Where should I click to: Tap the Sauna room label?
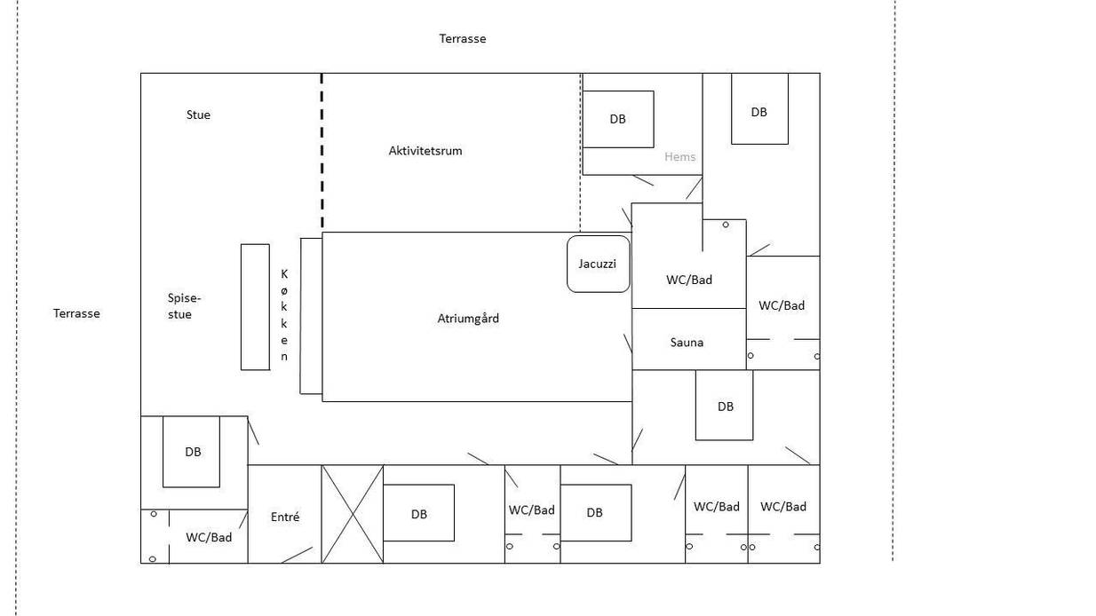(687, 343)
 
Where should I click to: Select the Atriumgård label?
(468, 319)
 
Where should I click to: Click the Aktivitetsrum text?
(425, 151)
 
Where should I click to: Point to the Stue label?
(198, 115)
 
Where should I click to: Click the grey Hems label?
(679, 156)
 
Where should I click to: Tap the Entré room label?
(285, 517)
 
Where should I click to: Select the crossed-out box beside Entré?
(353, 514)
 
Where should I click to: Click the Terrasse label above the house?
(463, 39)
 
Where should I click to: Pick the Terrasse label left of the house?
(76, 313)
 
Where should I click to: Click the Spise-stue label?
(184, 306)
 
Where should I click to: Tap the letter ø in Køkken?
(284, 291)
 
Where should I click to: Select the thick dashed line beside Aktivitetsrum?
(322, 152)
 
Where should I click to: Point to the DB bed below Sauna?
(724, 406)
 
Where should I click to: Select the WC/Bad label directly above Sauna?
(689, 280)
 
